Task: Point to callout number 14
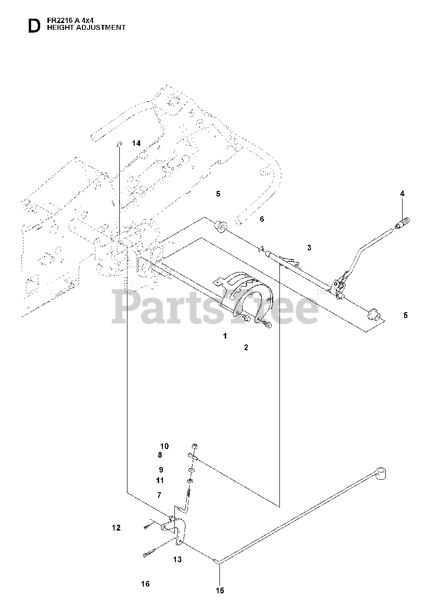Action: coord(136,143)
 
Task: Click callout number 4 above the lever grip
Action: coord(402,193)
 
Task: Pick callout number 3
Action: coord(309,248)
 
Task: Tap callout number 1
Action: coord(225,336)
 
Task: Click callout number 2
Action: coord(246,347)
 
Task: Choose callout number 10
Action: coord(164,446)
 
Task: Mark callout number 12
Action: coord(116,528)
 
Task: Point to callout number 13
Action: coord(177,559)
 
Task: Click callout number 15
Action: coord(219,591)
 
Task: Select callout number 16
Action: coord(145,584)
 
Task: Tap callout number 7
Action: coord(159,495)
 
